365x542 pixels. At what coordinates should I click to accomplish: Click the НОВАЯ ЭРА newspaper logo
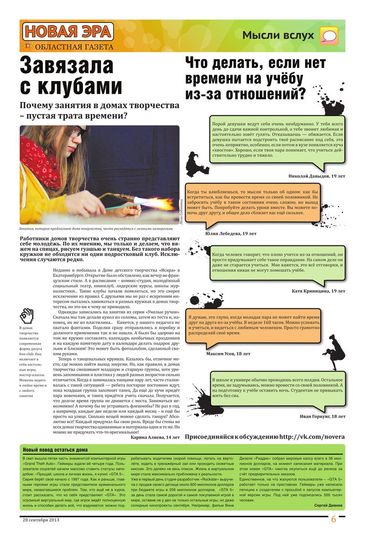coord(67,31)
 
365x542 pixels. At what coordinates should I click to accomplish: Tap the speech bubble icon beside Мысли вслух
coord(329,36)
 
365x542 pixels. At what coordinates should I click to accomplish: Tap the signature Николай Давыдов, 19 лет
coord(317,176)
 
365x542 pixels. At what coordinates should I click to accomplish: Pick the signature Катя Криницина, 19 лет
coord(318,291)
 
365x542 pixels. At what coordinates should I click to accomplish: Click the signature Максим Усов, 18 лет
coord(228,353)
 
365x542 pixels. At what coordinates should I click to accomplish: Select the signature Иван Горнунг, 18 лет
coord(323,416)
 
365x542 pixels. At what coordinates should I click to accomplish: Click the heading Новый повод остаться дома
coord(56,450)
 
